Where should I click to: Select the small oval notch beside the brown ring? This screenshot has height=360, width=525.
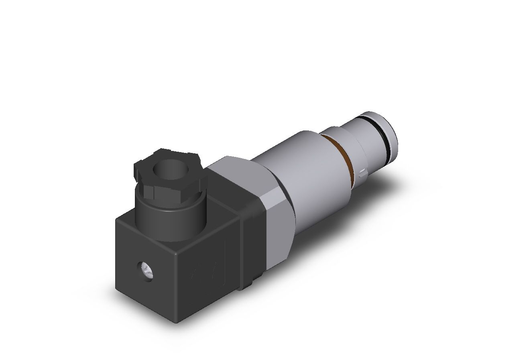[362, 173]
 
